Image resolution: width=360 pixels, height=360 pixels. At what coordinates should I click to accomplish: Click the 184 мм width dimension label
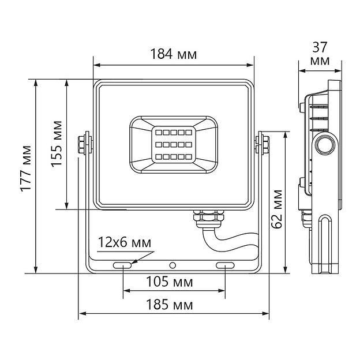(x=173, y=55)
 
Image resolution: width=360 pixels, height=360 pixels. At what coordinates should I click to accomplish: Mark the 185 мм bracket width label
(x=174, y=305)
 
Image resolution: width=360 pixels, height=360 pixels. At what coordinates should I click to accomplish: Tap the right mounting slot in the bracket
(x=224, y=265)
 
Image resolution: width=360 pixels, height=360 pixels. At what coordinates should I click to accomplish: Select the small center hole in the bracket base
(x=172, y=265)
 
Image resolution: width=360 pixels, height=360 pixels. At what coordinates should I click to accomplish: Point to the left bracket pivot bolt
(x=82, y=144)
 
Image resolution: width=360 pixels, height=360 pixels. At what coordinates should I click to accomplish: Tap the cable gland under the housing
(x=206, y=217)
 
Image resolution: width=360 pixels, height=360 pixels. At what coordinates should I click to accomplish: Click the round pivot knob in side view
(x=325, y=145)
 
